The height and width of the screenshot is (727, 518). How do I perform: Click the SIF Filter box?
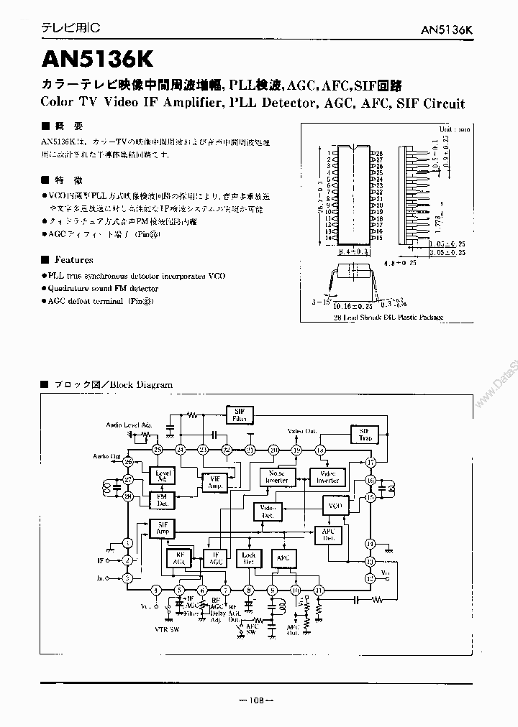click(x=238, y=415)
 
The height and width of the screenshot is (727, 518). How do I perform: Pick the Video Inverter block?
click(x=327, y=476)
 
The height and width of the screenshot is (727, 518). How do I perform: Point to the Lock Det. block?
click(x=249, y=558)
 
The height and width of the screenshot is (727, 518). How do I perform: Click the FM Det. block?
click(x=161, y=500)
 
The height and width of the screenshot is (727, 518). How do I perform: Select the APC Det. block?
click(x=328, y=535)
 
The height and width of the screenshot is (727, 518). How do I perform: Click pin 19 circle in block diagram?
click(x=297, y=450)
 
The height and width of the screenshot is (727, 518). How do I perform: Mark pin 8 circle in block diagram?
click(x=250, y=590)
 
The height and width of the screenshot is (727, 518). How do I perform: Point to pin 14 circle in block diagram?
click(x=371, y=543)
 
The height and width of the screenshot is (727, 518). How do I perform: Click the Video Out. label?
click(x=302, y=431)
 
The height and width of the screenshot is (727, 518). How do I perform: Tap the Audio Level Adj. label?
click(x=129, y=425)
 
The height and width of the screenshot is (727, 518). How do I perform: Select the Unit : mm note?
click(x=453, y=129)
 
